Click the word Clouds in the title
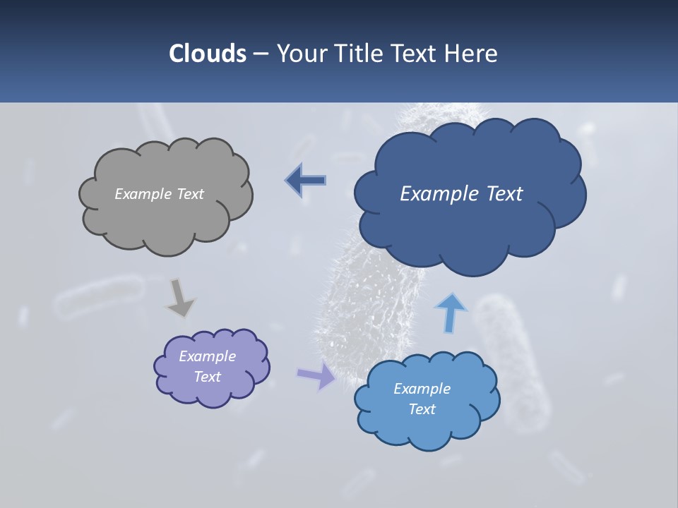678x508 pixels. [x=208, y=54]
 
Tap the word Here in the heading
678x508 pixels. [x=472, y=54]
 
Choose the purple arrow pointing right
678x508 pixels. [x=316, y=375]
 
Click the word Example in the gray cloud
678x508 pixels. [x=141, y=194]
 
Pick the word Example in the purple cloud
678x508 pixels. [x=207, y=356]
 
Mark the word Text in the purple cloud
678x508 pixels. [x=207, y=377]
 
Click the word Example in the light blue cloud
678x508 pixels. [x=422, y=389]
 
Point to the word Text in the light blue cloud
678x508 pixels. [x=422, y=409]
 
